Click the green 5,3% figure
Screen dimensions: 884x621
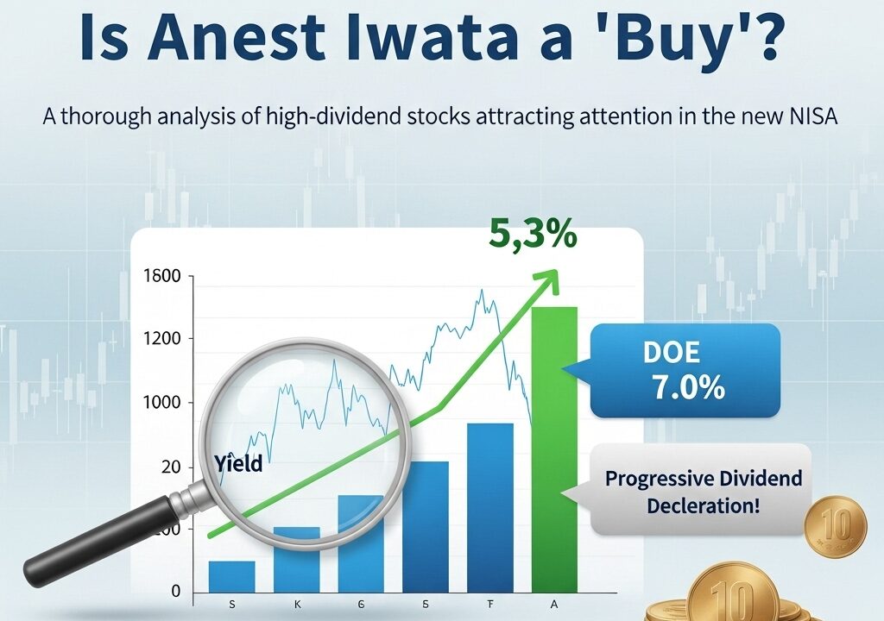click(x=533, y=234)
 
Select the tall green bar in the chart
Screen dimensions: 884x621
click(x=555, y=449)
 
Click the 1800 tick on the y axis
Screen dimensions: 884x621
click(x=162, y=276)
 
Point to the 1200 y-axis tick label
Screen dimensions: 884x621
click(x=162, y=339)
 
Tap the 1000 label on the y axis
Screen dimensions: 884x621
click(x=162, y=402)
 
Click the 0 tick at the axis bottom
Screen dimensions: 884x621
click(x=176, y=591)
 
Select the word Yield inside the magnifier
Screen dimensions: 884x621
click(x=238, y=463)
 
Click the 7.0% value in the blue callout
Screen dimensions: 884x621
click(x=689, y=388)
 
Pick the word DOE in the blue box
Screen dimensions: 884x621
click(x=671, y=352)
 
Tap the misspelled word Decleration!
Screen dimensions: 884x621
click(x=703, y=505)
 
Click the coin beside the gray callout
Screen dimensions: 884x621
click(x=836, y=525)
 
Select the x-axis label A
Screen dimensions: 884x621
click(x=554, y=605)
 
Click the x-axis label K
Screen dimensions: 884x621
click(x=297, y=605)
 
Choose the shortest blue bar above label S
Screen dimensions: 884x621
click(x=231, y=576)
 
